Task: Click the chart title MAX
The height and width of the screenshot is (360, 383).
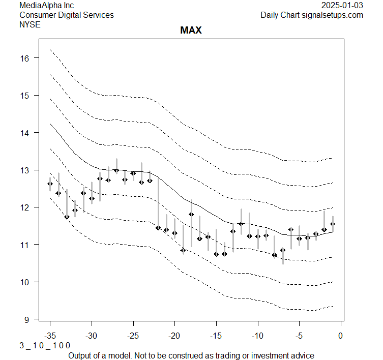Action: [191, 31]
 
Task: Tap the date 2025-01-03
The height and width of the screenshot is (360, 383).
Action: [342, 6]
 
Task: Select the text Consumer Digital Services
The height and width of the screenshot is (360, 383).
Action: [66, 15]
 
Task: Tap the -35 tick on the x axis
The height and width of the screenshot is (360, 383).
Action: [50, 336]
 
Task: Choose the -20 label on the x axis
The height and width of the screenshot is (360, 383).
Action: [174, 336]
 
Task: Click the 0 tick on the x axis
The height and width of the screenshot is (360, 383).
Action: [341, 336]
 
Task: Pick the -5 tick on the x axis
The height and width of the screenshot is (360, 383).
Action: [299, 336]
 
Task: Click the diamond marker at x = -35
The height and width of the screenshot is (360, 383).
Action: [50, 184]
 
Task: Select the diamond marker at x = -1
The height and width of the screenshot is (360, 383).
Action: [333, 224]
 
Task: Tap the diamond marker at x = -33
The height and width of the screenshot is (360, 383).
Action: [67, 217]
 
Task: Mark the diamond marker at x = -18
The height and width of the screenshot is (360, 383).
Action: [191, 214]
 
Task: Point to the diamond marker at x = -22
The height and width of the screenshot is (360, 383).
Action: [158, 228]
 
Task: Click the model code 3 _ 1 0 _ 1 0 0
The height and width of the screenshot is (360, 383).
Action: [45, 345]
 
